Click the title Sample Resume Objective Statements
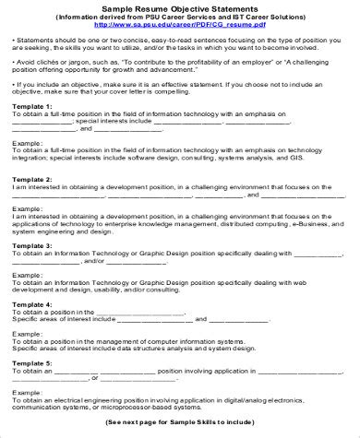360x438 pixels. coord(179,6)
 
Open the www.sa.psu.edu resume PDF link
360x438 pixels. coord(180,27)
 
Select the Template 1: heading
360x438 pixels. coord(32,107)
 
